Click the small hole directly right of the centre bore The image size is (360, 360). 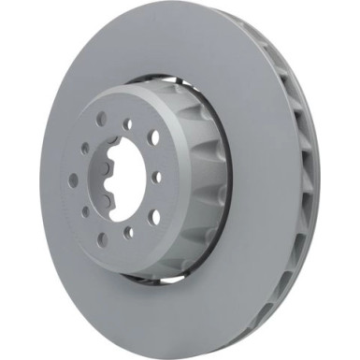coord(156,175)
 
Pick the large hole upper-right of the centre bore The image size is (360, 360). coord(152,138)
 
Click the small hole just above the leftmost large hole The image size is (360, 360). coord(84,147)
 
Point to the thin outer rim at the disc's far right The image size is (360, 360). coord(316,178)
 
